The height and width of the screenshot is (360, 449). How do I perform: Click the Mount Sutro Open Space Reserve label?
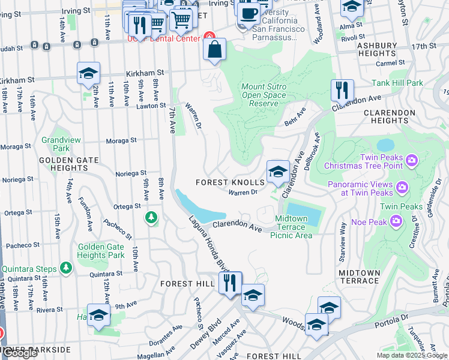(x=264, y=95)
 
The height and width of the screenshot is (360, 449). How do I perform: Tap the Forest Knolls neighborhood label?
(x=231, y=182)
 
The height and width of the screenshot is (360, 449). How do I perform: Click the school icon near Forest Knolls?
(x=278, y=172)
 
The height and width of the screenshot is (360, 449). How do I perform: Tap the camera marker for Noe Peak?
(x=396, y=221)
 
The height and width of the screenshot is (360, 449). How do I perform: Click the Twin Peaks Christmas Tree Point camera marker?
(x=411, y=160)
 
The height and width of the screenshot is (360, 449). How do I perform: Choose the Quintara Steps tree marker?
(x=65, y=268)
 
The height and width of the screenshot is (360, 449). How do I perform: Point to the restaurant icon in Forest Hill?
(x=229, y=283)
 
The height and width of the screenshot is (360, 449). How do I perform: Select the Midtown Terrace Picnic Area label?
(x=294, y=227)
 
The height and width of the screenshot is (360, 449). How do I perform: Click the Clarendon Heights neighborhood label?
(x=390, y=116)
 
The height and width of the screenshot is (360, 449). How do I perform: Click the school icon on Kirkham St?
(x=88, y=74)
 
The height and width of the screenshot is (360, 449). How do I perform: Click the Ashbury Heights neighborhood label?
(x=377, y=49)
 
